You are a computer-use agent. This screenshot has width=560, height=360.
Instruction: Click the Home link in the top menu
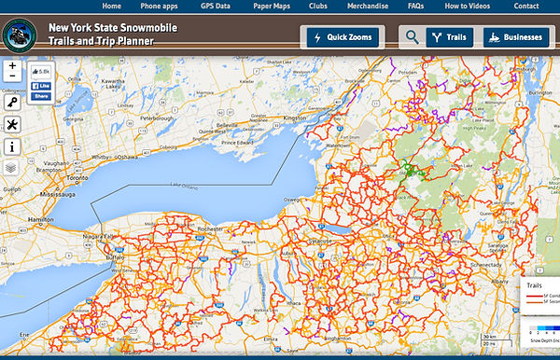111,7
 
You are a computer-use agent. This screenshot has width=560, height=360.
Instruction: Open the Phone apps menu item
160,7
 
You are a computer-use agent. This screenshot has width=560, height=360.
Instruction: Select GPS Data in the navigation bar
216,7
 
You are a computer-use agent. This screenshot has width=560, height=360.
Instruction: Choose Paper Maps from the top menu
272,7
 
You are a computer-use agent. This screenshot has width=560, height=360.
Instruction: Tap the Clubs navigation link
320,7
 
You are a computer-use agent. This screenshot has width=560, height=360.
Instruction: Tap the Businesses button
514,37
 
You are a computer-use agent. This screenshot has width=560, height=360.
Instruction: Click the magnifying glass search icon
412,37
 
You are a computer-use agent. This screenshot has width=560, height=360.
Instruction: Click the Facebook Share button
41,96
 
